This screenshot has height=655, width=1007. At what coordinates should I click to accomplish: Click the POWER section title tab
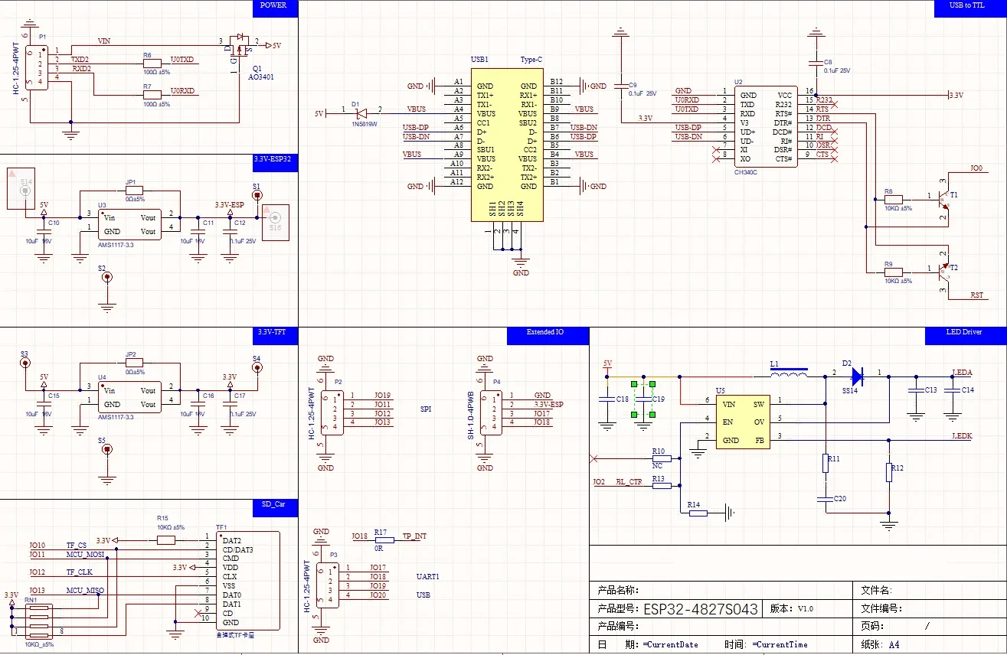pos(273,5)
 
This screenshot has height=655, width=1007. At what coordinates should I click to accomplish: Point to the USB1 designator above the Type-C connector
pos(479,59)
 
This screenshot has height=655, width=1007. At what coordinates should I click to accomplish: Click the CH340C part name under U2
pos(745,172)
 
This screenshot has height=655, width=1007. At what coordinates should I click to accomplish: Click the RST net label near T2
pos(976,295)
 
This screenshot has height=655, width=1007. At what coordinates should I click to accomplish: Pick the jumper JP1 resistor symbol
pos(135,191)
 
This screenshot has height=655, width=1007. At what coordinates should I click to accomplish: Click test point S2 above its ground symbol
pos(106,279)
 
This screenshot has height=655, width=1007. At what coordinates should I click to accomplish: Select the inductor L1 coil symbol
pos(788,375)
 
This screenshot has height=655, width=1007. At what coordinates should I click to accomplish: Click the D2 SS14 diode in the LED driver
pos(856,376)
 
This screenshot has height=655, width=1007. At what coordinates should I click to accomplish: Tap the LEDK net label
pos(961,435)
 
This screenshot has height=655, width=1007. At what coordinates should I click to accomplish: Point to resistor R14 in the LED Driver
pos(698,513)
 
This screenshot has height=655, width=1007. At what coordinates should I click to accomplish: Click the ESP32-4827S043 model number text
pos(700,609)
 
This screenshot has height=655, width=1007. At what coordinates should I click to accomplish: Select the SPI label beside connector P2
pos(425,409)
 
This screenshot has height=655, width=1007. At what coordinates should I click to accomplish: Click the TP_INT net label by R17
pos(414,536)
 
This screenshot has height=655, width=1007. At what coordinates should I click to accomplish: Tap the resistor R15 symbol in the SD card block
pos(165,539)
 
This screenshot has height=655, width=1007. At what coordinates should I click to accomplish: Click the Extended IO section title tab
pos(544,332)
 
